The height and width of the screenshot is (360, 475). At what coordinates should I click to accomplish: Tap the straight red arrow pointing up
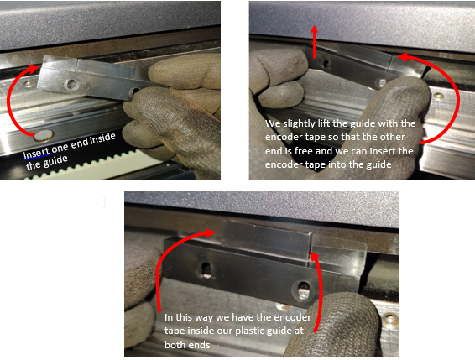click(314, 41)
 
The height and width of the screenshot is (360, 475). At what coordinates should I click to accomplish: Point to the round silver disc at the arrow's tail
click(44, 136)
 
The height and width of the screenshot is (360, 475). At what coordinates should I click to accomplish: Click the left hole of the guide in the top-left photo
click(71, 84)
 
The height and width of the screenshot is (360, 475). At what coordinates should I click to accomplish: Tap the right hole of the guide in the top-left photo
click(135, 91)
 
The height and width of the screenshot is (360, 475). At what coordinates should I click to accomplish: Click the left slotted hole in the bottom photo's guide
click(206, 269)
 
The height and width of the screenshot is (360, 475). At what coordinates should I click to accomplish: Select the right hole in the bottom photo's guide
click(303, 289)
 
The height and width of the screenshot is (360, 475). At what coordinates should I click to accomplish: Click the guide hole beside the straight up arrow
click(326, 63)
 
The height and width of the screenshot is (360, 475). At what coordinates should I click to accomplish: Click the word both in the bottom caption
click(174, 345)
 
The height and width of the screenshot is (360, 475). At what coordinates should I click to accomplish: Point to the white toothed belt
click(91, 167)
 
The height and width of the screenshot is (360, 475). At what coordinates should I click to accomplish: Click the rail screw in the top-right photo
click(438, 97)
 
